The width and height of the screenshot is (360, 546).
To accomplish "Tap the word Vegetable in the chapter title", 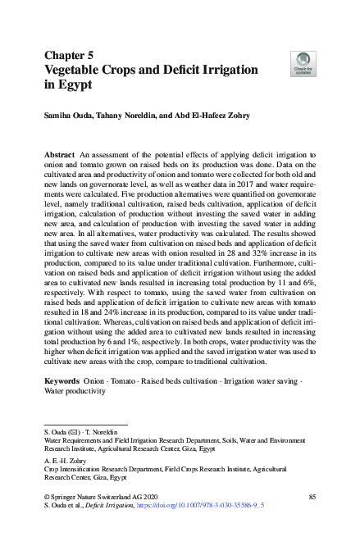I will tap(79, 70).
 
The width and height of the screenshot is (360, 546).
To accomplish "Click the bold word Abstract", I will tap(59, 154).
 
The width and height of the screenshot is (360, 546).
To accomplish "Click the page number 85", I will tap(312, 497).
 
